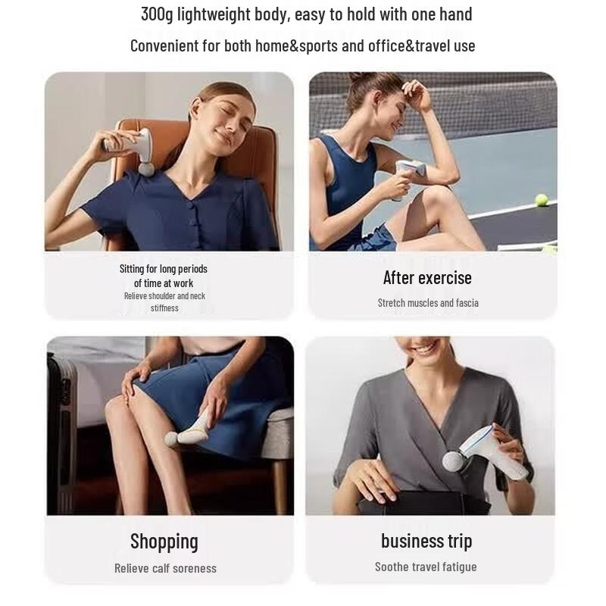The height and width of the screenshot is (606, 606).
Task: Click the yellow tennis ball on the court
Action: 541,200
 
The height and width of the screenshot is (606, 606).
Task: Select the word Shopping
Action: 164,542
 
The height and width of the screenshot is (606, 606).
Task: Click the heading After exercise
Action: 427,278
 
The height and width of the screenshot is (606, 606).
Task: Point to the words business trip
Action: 426,541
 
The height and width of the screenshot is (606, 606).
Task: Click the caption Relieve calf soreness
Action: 165,568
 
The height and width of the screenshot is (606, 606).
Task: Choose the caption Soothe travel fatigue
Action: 426,567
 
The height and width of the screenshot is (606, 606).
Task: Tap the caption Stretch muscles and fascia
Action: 428,302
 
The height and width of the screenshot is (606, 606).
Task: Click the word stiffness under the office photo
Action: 164,308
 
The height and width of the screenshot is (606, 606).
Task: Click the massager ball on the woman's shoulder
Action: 146,168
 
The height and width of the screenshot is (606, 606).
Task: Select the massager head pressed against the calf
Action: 172,440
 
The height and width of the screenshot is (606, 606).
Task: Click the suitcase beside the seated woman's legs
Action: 61,433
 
